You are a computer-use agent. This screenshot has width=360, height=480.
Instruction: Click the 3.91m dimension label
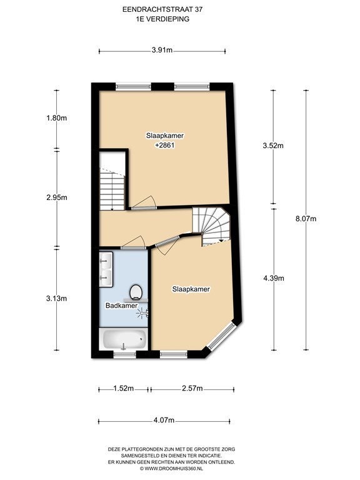(x=162, y=50)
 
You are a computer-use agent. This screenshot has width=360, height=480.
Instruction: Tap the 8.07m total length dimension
(x=306, y=219)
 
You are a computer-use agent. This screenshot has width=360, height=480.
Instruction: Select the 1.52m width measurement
(x=123, y=389)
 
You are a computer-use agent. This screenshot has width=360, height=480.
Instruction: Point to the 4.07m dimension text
(x=164, y=420)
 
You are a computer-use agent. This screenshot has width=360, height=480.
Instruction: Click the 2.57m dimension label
(x=192, y=389)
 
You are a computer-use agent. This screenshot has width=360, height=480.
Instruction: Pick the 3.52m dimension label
(x=273, y=146)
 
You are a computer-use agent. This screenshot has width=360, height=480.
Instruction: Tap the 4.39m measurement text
(x=274, y=278)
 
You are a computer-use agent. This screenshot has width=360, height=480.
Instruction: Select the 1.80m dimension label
(x=57, y=118)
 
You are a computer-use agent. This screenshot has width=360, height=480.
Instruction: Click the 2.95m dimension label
(x=57, y=197)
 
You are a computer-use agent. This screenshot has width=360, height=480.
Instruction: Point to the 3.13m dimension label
(x=57, y=299)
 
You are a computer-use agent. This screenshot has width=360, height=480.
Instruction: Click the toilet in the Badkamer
(x=136, y=292)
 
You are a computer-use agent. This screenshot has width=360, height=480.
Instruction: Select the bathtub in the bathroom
(x=124, y=339)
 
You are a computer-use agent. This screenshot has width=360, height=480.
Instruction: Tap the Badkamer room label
(x=121, y=306)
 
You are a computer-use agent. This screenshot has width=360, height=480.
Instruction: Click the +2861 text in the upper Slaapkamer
(x=165, y=146)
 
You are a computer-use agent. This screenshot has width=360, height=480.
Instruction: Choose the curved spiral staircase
(x=211, y=226)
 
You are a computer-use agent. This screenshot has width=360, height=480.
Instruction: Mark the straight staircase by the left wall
(x=112, y=190)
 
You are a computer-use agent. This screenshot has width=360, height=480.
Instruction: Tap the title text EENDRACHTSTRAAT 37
(x=162, y=9)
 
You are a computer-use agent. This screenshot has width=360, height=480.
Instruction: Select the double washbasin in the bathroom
(x=106, y=269)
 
